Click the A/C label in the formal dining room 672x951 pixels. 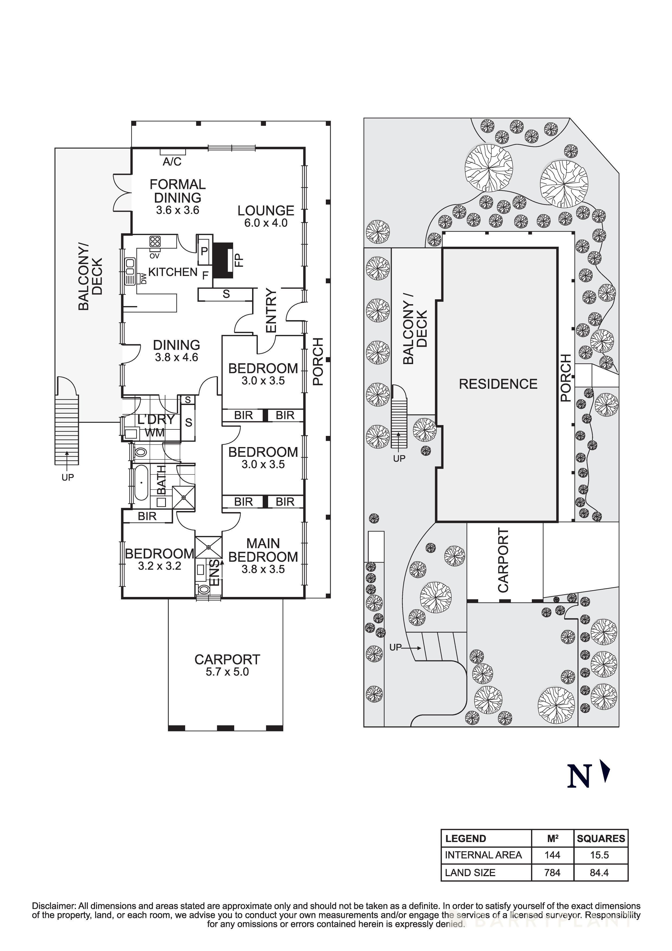[172, 162]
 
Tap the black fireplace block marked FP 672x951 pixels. [223, 260]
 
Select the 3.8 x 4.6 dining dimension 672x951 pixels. [176, 357]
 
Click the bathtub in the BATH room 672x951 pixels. [141, 483]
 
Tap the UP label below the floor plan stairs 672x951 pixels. [67, 477]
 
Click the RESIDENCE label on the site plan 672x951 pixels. [498, 384]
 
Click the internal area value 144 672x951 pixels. [552, 855]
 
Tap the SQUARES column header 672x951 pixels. [601, 838]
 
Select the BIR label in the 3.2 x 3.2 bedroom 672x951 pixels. [147, 516]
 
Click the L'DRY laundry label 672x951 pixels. [156, 420]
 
